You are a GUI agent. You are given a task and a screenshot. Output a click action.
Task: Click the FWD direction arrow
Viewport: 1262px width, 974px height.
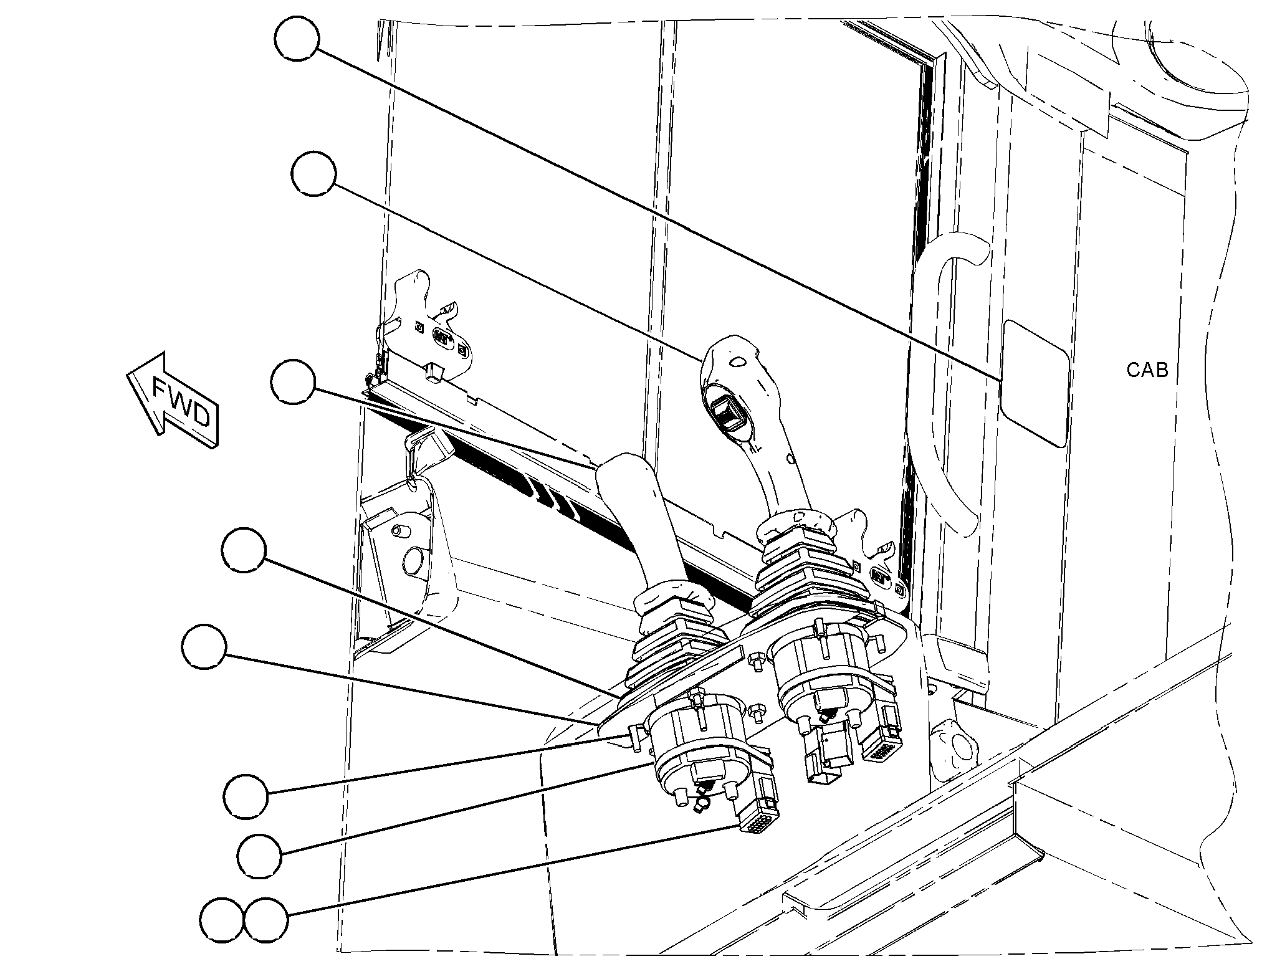click(x=173, y=401)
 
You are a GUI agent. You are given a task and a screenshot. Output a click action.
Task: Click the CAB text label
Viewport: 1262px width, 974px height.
click(x=1147, y=370)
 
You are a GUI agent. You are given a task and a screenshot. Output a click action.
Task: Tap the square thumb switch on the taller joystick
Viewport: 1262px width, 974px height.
click(x=728, y=411)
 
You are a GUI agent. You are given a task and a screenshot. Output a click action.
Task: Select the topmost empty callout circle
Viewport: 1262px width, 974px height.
click(x=297, y=39)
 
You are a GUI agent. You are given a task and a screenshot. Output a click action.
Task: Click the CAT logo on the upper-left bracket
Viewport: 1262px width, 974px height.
click(x=441, y=335)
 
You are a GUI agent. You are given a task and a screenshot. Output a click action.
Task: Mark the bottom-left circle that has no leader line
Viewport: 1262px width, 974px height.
click(x=222, y=920)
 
